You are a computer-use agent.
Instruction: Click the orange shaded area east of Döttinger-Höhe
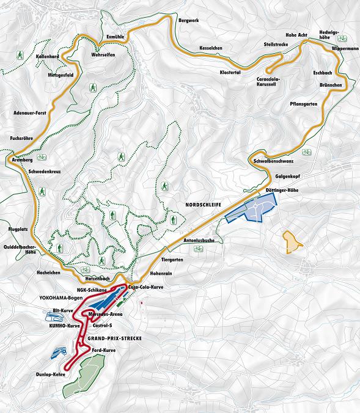(x=292, y=241)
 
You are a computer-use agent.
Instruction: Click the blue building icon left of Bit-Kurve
(x=54, y=315)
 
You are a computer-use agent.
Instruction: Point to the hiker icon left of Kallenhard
(x=20, y=56)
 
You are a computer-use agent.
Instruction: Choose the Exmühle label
(x=115, y=37)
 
